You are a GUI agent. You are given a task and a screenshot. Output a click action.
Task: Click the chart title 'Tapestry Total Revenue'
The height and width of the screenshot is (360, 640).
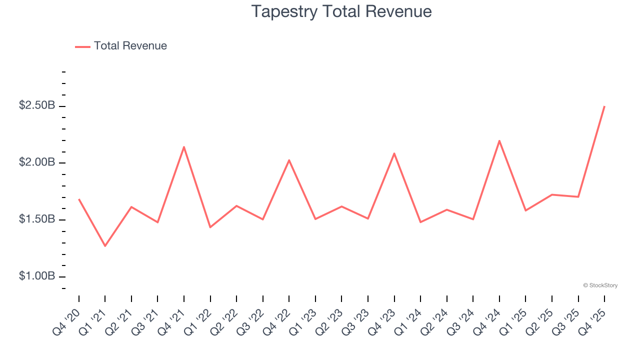tap(341, 11)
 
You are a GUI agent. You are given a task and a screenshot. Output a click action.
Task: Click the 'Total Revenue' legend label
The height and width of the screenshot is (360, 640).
tap(130, 46)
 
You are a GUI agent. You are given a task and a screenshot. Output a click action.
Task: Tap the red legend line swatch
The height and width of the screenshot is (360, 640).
tap(82, 46)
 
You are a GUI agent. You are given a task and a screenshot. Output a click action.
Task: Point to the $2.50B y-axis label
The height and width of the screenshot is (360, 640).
tap(37, 106)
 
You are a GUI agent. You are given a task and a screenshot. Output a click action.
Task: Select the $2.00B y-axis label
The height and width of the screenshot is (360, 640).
tap(37, 163)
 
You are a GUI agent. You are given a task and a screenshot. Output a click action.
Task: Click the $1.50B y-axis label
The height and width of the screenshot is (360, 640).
tap(37, 220)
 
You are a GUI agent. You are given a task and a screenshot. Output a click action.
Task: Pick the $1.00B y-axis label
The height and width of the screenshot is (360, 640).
tap(37, 276)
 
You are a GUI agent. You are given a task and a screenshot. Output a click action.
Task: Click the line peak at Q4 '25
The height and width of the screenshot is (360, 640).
tap(604, 106)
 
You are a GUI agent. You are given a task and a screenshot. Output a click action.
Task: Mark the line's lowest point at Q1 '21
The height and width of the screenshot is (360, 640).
tap(105, 246)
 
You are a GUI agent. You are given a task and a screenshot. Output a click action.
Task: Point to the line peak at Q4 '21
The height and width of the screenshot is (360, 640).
tap(184, 147)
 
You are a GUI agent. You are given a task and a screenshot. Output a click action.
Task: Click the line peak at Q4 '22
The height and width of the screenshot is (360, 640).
tap(289, 160)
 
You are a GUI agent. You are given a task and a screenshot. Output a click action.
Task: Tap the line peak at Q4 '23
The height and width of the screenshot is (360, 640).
tap(394, 153)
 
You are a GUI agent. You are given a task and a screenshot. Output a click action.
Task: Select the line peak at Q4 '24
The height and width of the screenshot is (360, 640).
tap(499, 140)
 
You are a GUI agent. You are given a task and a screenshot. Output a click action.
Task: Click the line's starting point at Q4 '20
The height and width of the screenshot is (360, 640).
tap(79, 199)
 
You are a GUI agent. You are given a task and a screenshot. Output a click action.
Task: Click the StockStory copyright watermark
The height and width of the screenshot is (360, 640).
tap(600, 285)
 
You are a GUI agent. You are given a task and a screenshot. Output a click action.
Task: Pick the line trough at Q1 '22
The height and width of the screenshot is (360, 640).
tap(210, 227)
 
